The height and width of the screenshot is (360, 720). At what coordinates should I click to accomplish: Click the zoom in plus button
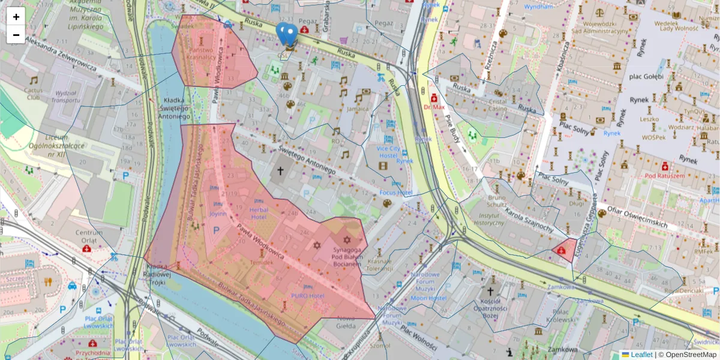[x=16, y=17]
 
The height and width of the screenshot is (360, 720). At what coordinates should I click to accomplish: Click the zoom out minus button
[x=16, y=35]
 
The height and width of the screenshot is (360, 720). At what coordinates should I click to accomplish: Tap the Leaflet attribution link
[x=641, y=355]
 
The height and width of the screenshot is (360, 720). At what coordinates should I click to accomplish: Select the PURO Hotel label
[x=308, y=295]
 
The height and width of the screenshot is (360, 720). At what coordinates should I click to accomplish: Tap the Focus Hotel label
[x=396, y=193]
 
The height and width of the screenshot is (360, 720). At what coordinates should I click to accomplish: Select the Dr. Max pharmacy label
[x=434, y=107]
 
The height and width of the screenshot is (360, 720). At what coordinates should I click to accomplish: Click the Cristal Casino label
[x=497, y=105]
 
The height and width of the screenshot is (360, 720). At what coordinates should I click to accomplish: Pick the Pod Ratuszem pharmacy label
[x=664, y=176]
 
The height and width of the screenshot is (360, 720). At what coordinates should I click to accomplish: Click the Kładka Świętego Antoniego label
[x=176, y=108]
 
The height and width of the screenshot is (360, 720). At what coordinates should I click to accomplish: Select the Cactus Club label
[x=33, y=93]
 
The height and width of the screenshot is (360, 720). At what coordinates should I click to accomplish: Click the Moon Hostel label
[x=429, y=298]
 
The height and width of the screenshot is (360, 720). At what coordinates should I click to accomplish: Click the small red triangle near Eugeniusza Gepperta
[x=565, y=250]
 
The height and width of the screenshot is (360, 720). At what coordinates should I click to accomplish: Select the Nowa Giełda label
[x=346, y=322]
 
